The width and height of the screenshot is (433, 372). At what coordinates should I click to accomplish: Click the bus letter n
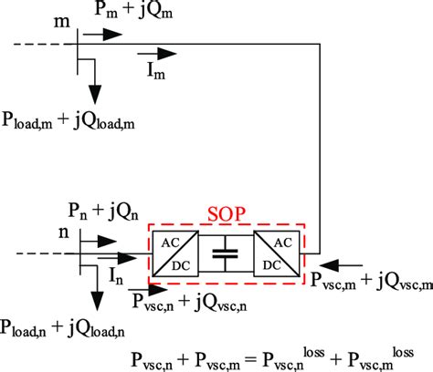coord(59,231)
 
